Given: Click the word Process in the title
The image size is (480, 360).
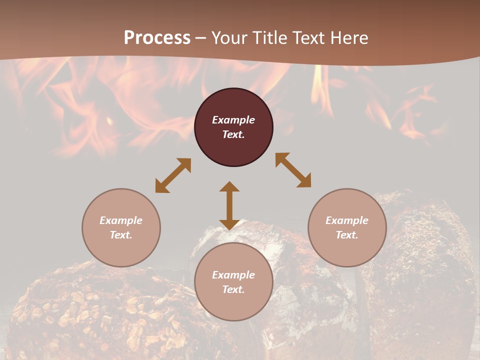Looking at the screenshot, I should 157,38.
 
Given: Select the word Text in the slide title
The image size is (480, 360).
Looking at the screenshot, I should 308,38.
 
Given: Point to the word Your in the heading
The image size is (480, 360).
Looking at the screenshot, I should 229,38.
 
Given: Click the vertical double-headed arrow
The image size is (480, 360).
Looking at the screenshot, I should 229,205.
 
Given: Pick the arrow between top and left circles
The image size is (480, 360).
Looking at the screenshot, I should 173,175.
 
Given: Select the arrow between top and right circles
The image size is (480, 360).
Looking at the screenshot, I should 293,170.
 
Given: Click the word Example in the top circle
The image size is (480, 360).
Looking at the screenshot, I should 233,120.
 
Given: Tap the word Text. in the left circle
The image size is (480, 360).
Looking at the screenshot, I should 121,235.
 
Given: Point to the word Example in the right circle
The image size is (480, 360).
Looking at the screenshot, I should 347,220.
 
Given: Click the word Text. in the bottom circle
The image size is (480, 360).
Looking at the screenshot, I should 233,289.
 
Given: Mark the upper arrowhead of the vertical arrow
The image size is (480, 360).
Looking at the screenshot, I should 229,186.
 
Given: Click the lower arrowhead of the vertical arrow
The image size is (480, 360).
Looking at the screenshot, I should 229,224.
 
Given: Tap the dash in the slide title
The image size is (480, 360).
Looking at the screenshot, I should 201,38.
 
